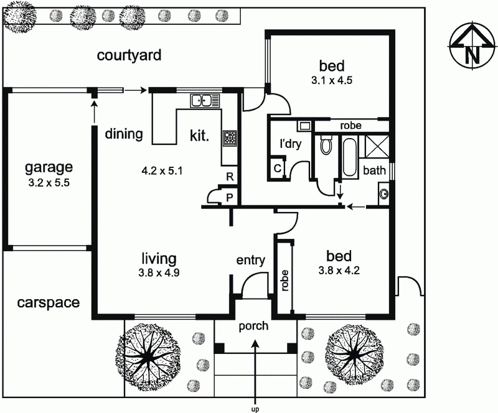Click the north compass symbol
click(x=473, y=45)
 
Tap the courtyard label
click(x=129, y=55)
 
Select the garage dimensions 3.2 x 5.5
click(x=49, y=183)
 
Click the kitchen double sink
click(x=205, y=101)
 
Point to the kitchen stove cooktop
click(x=230, y=139)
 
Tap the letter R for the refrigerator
click(x=230, y=177)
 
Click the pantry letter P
click(x=229, y=198)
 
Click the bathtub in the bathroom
click(x=349, y=156)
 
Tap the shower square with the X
click(x=377, y=146)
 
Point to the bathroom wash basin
click(x=384, y=193)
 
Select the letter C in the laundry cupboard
click(x=277, y=168)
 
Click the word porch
click(x=253, y=327)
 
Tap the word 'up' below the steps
click(x=255, y=410)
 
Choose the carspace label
click(x=49, y=303)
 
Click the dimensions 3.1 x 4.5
click(x=332, y=80)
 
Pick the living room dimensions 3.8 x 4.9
click(x=159, y=272)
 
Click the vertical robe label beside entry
click(x=284, y=281)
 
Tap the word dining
click(x=124, y=134)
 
